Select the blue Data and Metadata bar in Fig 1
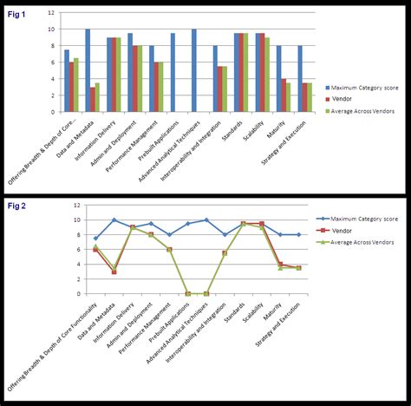pos(88,70)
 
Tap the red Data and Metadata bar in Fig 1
pos(92,99)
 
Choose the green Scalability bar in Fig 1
pos(267,75)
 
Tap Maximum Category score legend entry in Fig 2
pos(356,219)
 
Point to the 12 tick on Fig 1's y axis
pos(52,12)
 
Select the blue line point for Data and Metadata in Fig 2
pos(114,220)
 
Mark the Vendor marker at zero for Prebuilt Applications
pos(188,294)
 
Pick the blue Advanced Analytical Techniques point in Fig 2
pos(206,220)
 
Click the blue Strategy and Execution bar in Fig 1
pos(300,79)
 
